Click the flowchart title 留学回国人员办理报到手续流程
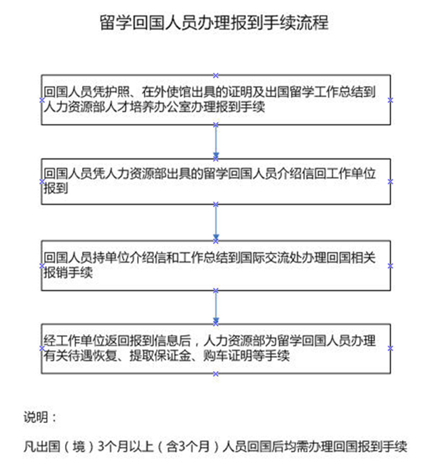pyautogui.click(x=214, y=22)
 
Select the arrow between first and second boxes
pyautogui.click(x=216, y=141)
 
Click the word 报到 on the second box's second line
pyautogui.click(x=56, y=188)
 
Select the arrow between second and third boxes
pyautogui.click(x=216, y=223)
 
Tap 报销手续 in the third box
pyautogui.click(x=68, y=272)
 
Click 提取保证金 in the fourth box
pyautogui.click(x=160, y=356)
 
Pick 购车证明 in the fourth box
pyautogui.click(x=228, y=356)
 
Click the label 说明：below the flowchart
pyautogui.click(x=40, y=417)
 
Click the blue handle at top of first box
pyautogui.click(x=216, y=75)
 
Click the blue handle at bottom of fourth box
pyautogui.click(x=216, y=374)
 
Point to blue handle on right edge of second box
pyautogui.click(x=390, y=181)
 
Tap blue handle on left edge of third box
pyautogui.click(x=42, y=266)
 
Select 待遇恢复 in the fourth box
pyautogui.click(x=92, y=356)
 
